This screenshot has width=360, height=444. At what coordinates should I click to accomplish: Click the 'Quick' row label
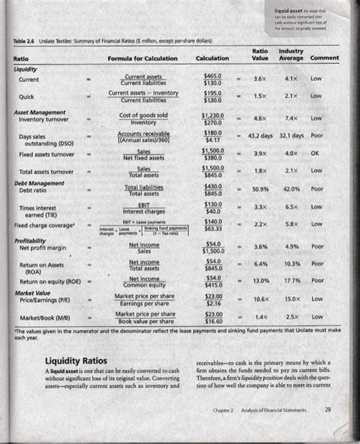28,96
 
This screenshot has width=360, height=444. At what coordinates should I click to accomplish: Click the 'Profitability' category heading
29,241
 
